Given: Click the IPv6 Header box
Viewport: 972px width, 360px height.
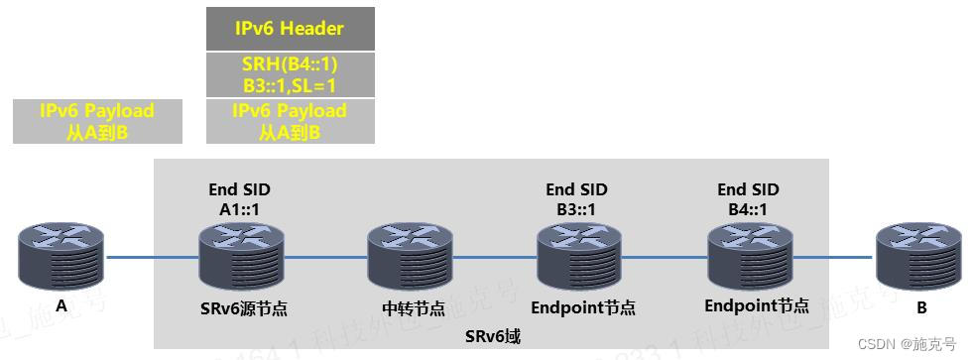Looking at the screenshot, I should pos(289,29).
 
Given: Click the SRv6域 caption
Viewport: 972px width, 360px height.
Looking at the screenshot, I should pos(492,336).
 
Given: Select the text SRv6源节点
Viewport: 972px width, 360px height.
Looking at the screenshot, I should pos(239,308).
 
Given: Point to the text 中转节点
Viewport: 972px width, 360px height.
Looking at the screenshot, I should pos(411,308).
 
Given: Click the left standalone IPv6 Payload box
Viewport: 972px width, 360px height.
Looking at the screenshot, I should pos(97,121).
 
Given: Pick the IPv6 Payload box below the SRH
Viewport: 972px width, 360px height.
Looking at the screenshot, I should pos(289,121).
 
